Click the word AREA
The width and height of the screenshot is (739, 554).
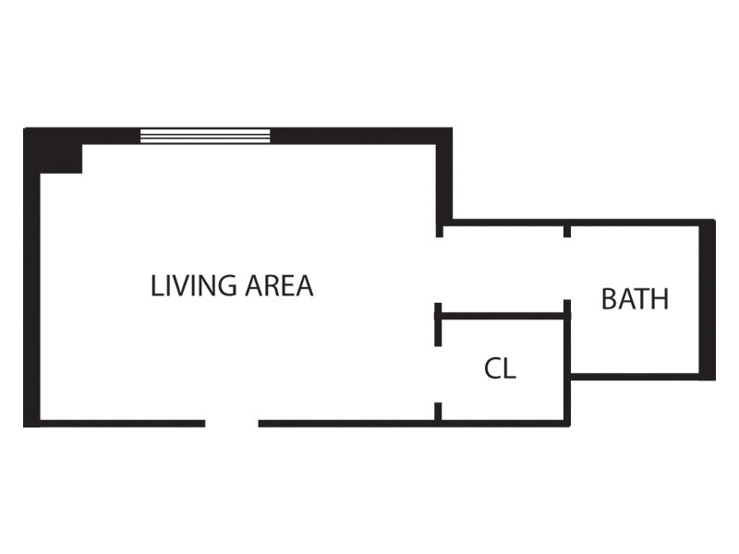[280, 286]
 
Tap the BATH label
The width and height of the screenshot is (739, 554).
[635, 299]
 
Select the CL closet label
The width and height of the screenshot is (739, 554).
[500, 369]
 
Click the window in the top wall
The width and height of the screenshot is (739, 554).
[205, 136]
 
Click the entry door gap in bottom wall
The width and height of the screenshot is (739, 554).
[231, 424]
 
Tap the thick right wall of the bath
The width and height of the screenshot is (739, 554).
[709, 299]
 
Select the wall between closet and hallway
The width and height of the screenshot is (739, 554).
[503, 316]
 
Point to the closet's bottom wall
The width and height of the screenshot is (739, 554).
[503, 424]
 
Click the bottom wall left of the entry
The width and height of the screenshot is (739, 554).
[120, 424]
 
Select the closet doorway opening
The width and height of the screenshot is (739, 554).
[438, 374]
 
